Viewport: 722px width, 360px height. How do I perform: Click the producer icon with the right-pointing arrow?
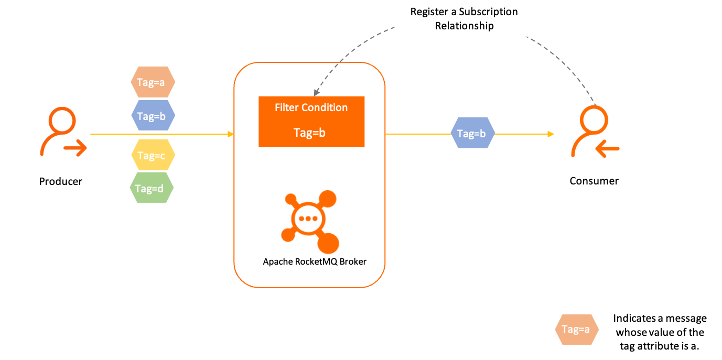tap(62, 132)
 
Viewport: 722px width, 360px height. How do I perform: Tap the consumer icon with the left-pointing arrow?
tap(595, 131)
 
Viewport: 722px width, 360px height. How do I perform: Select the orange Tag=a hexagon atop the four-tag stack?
tap(153, 82)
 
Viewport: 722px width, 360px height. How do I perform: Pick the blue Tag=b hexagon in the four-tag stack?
tap(153, 116)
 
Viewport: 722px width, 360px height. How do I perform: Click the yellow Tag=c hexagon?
tap(152, 155)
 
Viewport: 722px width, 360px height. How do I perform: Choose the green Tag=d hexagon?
tap(152, 188)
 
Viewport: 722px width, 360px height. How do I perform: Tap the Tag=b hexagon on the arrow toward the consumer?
tap(472, 134)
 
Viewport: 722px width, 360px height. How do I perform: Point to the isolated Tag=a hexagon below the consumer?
tap(576, 329)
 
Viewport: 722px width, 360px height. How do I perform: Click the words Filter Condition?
tap(311, 107)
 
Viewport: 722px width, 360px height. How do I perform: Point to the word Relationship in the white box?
tap(464, 26)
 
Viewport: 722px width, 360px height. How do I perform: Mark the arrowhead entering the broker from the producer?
tap(231, 134)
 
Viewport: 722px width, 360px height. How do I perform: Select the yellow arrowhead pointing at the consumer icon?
tap(551, 134)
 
